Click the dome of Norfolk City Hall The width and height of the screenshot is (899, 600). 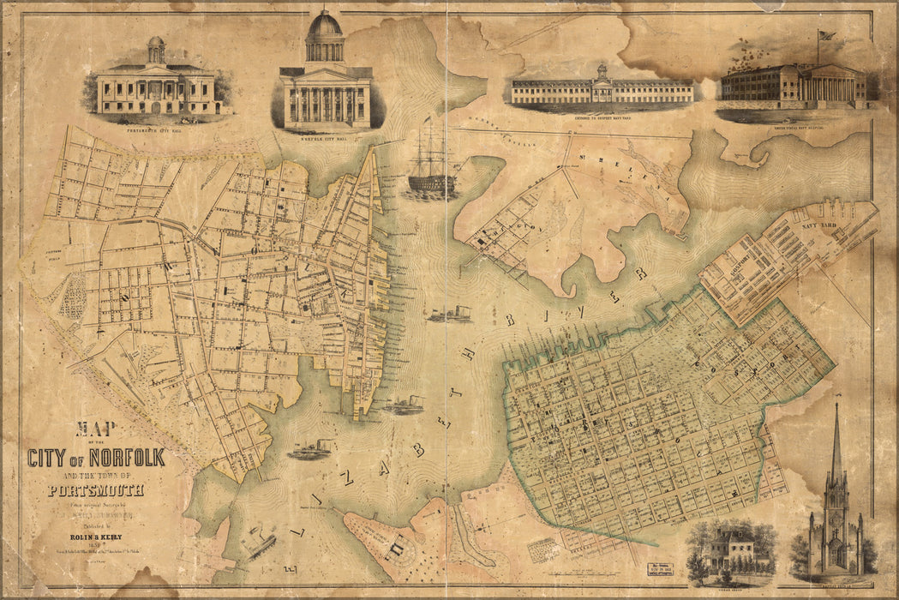(325, 24)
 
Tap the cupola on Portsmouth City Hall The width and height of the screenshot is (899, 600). (156, 47)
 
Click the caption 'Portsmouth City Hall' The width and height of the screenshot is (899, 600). (156, 118)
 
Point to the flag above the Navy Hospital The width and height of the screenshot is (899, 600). (828, 36)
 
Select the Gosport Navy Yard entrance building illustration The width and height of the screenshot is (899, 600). (602, 87)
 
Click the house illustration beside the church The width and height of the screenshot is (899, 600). (730, 549)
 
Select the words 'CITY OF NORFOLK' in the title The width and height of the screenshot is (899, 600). (95, 457)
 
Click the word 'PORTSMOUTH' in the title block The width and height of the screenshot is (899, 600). (95, 491)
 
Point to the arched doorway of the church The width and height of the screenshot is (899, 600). (835, 558)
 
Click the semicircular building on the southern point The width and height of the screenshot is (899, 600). (396, 545)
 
